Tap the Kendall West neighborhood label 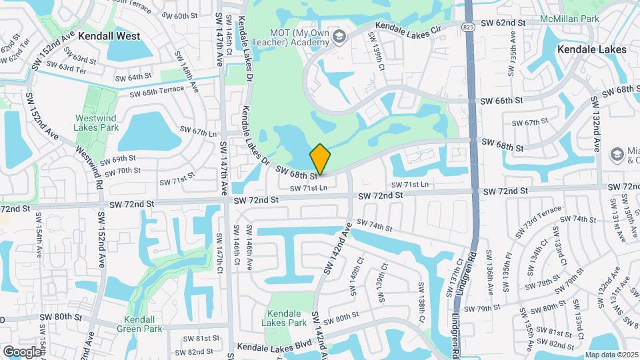[x=109, y=36]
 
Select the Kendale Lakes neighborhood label [x=591, y=49]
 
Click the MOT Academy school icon [x=340, y=36]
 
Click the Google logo [x=22, y=351]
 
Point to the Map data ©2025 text [x=611, y=355]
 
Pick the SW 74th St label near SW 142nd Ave [x=375, y=225]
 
